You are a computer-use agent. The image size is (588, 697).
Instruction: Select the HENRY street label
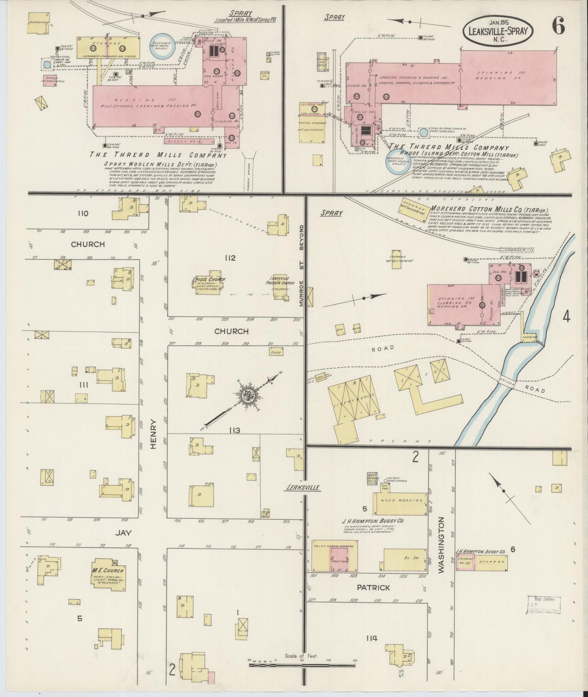point(153,434)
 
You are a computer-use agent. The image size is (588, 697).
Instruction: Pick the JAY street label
point(123,532)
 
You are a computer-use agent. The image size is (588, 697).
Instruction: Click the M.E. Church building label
point(109,571)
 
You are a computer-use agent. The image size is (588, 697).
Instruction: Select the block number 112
point(230,258)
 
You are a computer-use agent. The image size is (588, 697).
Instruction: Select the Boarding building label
point(39,22)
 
